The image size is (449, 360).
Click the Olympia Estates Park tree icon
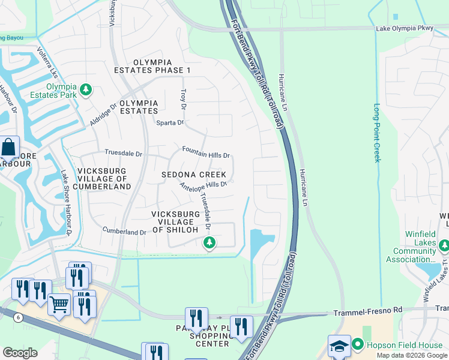pos(86,90)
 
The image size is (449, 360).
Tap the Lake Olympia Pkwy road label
pos(404,28)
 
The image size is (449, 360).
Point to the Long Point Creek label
pos(377,133)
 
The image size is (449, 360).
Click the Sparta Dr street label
pos(170,122)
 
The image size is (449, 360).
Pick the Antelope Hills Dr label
pos(204,185)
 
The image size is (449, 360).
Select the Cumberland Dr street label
pos(124,231)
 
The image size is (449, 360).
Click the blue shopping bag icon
pos(9,146)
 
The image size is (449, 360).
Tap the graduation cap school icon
pos(339,346)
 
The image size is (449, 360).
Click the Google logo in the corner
pos(20,352)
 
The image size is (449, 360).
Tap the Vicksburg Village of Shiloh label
pos(175,221)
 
